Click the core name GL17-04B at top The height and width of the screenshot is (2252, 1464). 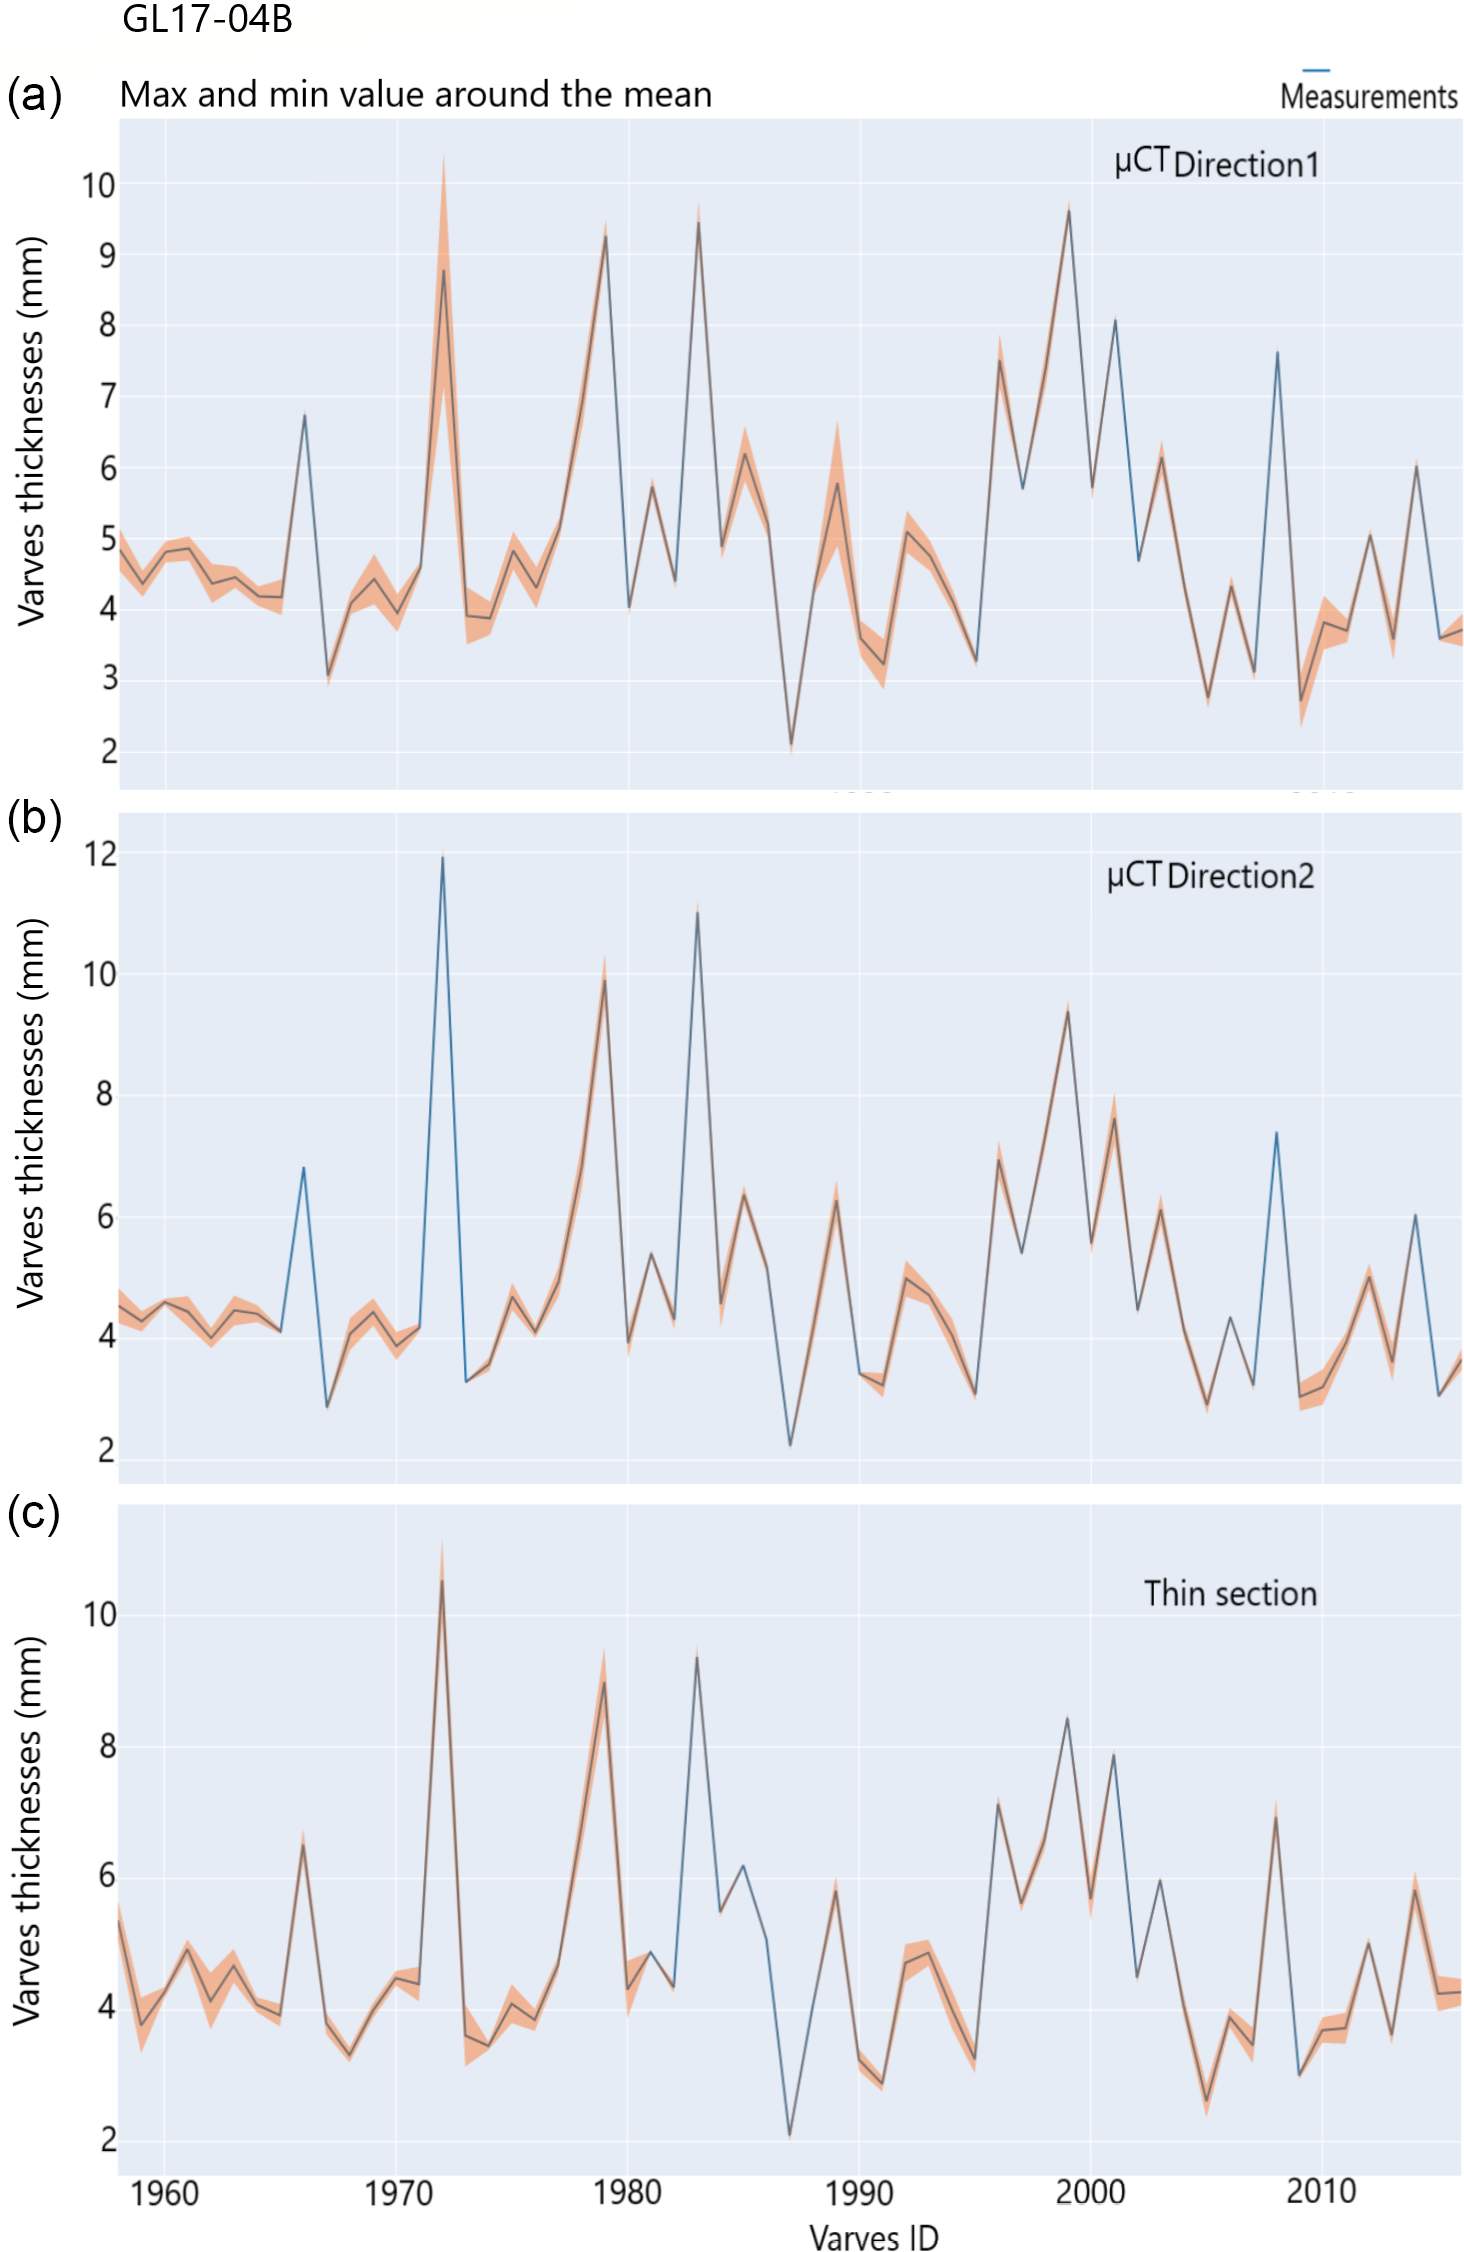pos(207,20)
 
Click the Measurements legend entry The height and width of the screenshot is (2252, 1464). pos(1368,96)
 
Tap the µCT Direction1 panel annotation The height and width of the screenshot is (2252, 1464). pos(1216,163)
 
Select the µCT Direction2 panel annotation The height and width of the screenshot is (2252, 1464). pos(1210,875)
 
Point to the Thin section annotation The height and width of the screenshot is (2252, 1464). pos(1230,1593)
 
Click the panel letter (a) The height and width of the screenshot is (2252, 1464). pos(34,95)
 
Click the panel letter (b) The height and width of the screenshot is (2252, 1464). pos(34,817)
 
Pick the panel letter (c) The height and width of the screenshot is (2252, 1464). pos(34,1513)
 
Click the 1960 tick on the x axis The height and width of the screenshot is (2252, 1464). pos(165,2193)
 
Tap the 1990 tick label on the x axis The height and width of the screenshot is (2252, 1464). pos(859,2193)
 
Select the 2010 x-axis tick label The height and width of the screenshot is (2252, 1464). pos(1321,2191)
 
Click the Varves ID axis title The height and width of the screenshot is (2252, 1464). pos(874,2237)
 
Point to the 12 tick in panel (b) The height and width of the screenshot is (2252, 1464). pos(100,854)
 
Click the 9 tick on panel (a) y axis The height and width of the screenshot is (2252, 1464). pos(107,255)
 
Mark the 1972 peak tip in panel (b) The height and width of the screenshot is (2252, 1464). pos(443,857)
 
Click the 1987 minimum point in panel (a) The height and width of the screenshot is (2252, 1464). pos(791,745)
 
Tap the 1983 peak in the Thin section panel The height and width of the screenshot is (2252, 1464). pos(697,1657)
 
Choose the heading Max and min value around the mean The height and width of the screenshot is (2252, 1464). pos(416,95)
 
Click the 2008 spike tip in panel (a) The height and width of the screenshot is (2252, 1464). pos(1277,352)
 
